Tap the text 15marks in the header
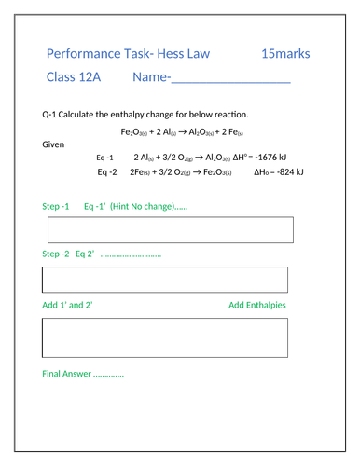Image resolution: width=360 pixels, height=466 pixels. click(x=286, y=53)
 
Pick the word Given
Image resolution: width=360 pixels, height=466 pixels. click(x=54, y=144)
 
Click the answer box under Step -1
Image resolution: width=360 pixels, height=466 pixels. click(x=170, y=229)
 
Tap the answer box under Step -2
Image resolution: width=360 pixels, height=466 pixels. click(x=165, y=279)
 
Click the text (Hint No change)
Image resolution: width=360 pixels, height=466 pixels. click(x=141, y=205)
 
